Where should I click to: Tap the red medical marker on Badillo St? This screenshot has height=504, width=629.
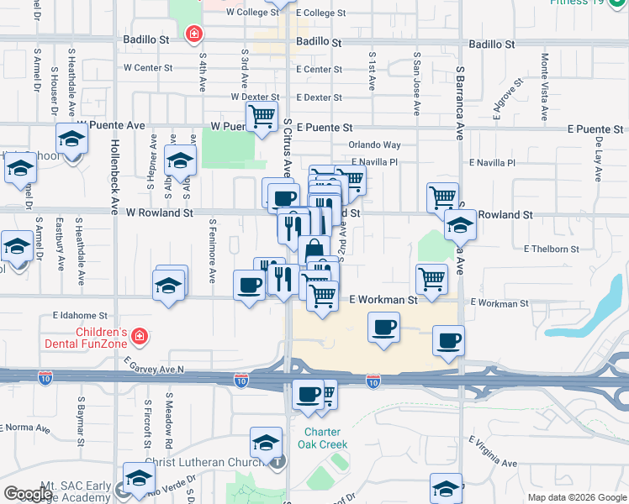(195, 34)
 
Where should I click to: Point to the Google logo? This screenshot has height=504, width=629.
(28, 494)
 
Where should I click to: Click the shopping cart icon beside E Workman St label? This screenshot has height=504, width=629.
(431, 277)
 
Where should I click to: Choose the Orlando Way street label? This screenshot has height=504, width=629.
(374, 144)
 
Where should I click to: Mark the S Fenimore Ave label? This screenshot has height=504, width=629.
(213, 251)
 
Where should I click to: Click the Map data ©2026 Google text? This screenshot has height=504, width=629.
(577, 497)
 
